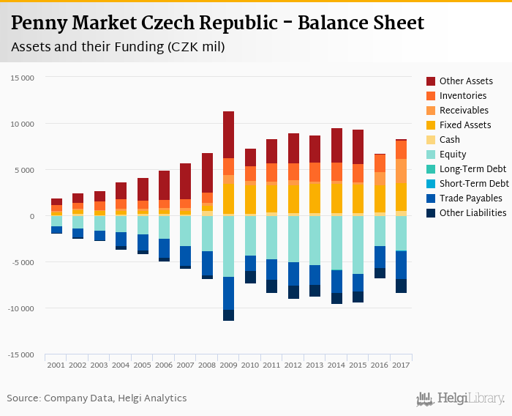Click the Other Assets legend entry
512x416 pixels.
point(464,81)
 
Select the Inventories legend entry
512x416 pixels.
point(463,96)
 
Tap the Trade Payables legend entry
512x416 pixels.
point(470,198)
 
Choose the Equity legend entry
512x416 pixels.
point(453,155)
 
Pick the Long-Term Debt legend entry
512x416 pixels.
point(473,169)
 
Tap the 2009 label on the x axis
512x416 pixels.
point(228,364)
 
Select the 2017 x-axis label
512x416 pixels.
point(401,364)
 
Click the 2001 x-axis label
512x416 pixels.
point(56,364)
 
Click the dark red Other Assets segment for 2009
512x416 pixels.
point(228,135)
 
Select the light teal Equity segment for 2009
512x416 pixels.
point(228,246)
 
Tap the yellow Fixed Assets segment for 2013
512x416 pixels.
point(315,198)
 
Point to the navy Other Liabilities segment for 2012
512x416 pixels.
point(293,291)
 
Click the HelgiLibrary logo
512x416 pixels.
point(460,398)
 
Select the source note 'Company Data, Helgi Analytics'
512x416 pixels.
point(115,398)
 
